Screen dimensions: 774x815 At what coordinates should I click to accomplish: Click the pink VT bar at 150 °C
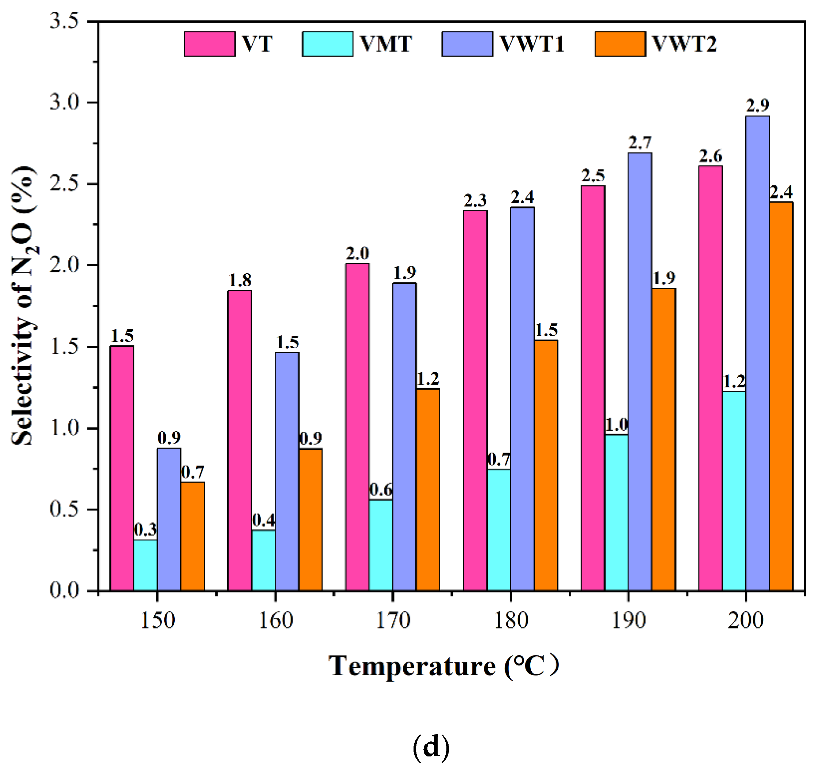(122, 468)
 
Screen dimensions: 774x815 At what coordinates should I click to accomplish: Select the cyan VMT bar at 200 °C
(734, 491)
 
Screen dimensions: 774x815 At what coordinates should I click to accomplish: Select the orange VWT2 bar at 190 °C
(663, 440)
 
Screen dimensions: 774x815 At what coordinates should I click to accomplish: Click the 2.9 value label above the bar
(758, 106)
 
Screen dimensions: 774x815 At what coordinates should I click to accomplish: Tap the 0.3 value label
(145, 529)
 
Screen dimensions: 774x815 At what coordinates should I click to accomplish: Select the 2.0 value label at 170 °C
(357, 254)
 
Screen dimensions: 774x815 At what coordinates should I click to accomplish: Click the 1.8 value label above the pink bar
(240, 280)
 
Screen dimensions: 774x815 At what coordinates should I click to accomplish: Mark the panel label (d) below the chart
(431, 747)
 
